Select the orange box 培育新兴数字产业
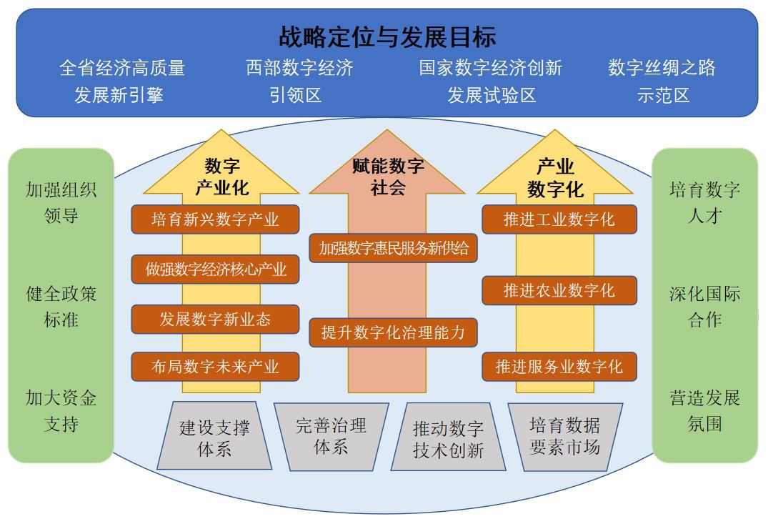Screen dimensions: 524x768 point(215,219)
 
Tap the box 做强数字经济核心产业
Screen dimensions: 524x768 point(215,270)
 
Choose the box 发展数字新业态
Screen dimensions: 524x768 point(215,319)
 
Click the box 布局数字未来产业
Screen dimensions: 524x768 point(215,367)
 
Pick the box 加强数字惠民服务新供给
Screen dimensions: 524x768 point(393,248)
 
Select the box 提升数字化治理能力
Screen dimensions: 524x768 point(393,332)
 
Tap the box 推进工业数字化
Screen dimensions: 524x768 point(559,219)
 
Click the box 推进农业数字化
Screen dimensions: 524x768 point(559,290)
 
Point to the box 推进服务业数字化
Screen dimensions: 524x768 point(559,367)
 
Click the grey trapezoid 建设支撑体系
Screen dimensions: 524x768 point(214,438)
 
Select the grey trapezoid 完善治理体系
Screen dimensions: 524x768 point(331,437)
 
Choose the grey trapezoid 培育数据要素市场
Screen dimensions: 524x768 point(564,437)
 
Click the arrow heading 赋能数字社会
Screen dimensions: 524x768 point(388,177)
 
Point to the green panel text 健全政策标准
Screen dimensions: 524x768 point(61,307)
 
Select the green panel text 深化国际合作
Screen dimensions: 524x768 point(704,307)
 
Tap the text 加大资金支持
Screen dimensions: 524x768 point(61,410)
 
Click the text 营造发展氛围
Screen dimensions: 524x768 point(704,410)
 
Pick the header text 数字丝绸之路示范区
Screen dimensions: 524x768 point(662,81)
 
